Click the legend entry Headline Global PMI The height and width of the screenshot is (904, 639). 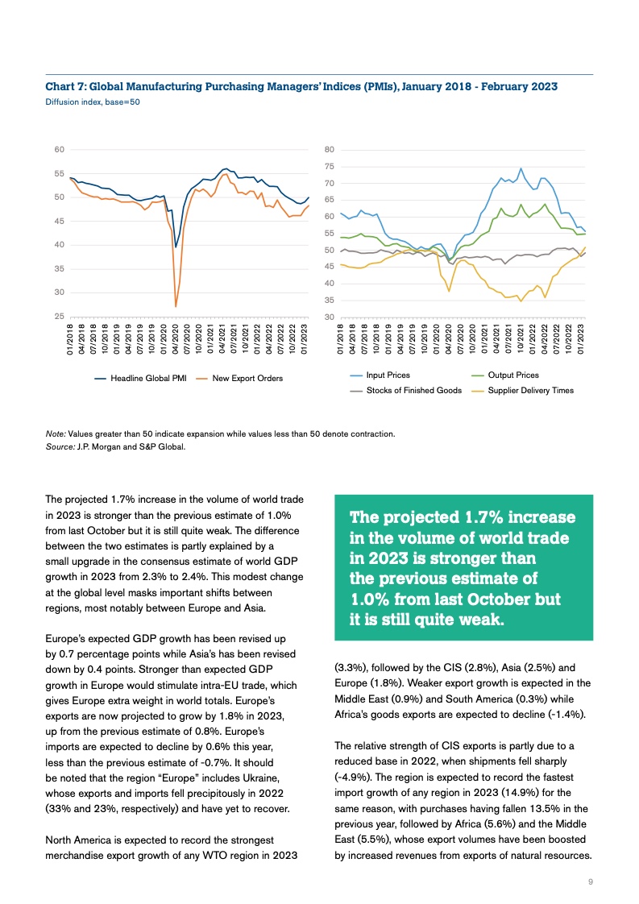pos(148,378)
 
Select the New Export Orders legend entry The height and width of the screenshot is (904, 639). pos(247,378)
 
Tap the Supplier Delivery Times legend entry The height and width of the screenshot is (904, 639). pos(531,391)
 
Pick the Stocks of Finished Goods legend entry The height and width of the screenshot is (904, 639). pos(413,391)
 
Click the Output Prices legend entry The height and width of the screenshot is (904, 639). pos(513,375)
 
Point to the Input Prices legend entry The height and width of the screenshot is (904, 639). pos(388,375)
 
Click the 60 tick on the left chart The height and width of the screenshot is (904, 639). pos(59,150)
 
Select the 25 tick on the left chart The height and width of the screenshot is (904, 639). pos(59,317)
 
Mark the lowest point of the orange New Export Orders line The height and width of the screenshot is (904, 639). pos(176,306)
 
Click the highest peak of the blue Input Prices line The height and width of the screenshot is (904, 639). pos(521,169)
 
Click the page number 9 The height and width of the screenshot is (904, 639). pos(591,883)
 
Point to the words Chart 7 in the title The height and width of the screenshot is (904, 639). pos(64,86)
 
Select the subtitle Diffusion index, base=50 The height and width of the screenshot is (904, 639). pos(93,102)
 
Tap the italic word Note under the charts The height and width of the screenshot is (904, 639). pos(56,434)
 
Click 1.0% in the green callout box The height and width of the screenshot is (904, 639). pos(371,600)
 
